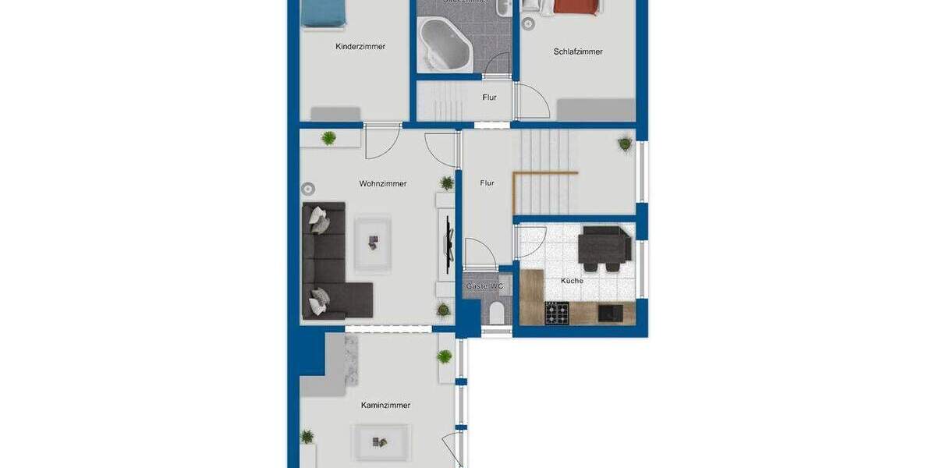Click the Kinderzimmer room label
pos(360,47)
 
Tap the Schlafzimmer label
pos(578,52)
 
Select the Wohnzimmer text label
pos(383,184)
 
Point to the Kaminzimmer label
pos(385,406)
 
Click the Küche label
pos(572,281)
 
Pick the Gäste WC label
pos(485,287)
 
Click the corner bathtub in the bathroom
pos(445,45)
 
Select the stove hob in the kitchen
pos(556,314)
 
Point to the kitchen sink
pos(609,313)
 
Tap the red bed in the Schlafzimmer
pos(578,6)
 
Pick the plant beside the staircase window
pos(626,144)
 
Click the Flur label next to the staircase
pos(487,183)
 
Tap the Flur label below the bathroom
pos(490,97)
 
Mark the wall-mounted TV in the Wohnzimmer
pos(448,242)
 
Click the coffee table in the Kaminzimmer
pos(381,441)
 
